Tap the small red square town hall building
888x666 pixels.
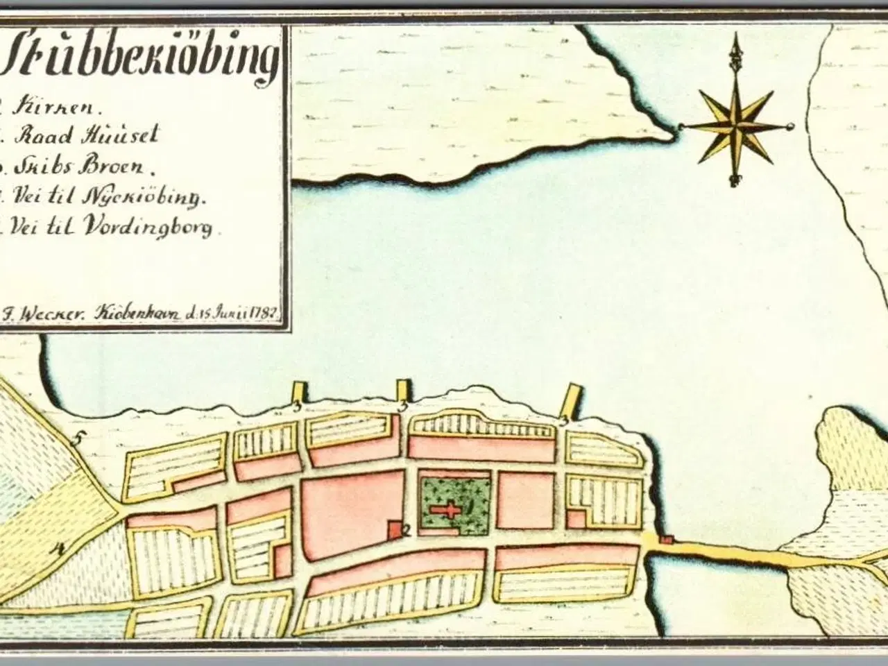tap(394, 529)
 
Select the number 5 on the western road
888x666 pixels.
tap(78, 438)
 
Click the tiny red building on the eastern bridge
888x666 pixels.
tap(667, 539)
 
